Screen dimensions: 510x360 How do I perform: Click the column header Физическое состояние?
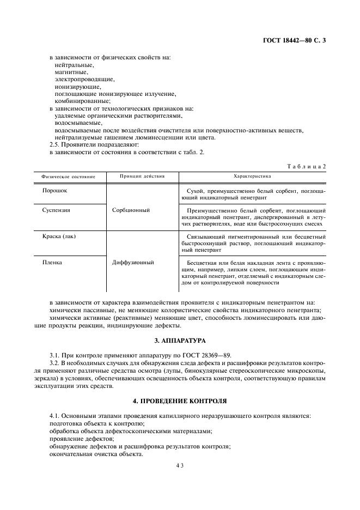68,177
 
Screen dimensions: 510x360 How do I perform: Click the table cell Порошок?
55,191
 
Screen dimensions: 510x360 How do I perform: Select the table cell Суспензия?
57,209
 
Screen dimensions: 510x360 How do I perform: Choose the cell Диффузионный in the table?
133,262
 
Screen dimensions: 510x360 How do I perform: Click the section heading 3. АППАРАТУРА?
180,341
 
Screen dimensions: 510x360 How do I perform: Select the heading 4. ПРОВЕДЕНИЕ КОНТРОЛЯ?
180,400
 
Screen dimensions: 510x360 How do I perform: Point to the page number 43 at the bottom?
180,466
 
